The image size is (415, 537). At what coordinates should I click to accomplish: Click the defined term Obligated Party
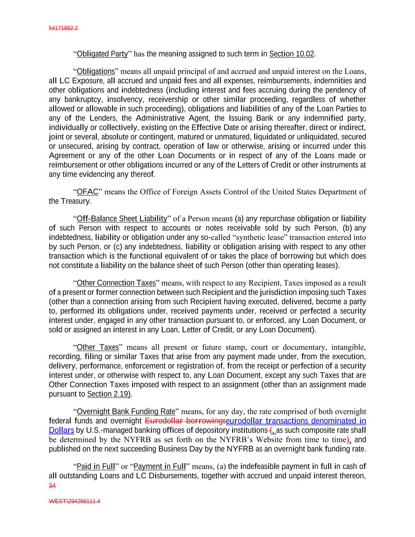(x=102, y=54)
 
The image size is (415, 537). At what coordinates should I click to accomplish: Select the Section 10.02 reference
(x=291, y=54)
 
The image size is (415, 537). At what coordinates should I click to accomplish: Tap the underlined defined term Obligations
(x=96, y=72)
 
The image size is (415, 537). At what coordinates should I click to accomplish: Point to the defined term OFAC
(x=87, y=192)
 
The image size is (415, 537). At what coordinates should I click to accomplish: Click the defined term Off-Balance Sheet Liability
(x=122, y=219)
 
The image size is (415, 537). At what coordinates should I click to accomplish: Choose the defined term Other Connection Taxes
(x=116, y=283)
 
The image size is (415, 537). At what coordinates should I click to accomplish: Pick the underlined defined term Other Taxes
(x=98, y=347)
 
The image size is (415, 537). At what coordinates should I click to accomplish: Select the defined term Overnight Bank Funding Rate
(x=126, y=412)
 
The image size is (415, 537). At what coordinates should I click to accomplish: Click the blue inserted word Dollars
(x=61, y=430)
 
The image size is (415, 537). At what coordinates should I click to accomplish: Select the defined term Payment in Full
(x=160, y=467)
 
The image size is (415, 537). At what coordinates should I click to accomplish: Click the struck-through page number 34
(x=52, y=486)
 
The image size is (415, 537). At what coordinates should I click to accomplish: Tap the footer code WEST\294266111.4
(x=74, y=502)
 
